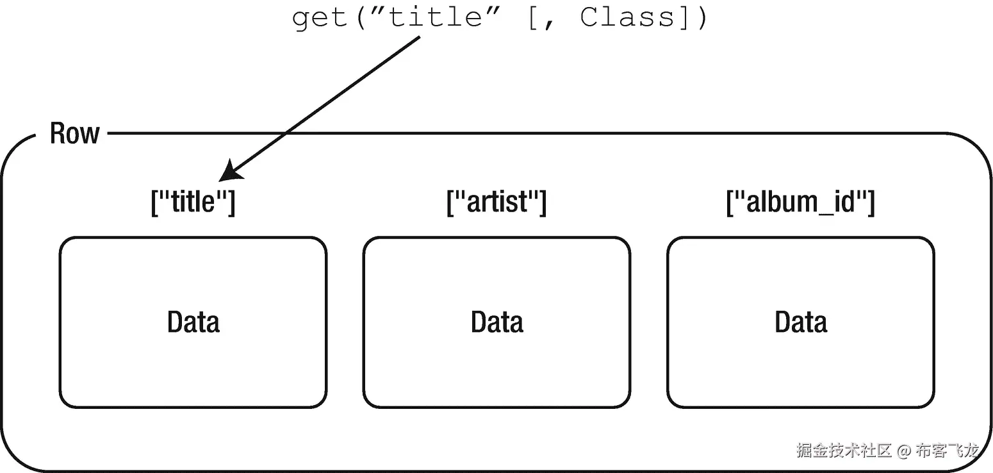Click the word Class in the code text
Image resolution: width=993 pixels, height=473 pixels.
627,17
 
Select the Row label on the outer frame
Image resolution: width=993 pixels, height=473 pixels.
74,133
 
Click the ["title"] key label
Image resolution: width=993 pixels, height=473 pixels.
193,202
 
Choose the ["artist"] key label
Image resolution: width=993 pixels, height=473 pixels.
496,202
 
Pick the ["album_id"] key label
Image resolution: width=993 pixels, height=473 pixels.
800,202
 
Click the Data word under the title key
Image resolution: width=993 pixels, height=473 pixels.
193,322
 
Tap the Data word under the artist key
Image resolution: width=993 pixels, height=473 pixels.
496,322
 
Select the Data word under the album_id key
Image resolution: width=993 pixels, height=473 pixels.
800,322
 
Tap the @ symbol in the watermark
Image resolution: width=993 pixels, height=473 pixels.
903,451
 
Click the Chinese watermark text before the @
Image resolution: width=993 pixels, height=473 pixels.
844,451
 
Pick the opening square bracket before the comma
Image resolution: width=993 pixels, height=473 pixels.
533,18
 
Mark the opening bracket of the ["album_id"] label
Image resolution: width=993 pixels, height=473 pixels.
730,203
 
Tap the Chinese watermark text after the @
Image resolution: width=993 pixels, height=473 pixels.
947,451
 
